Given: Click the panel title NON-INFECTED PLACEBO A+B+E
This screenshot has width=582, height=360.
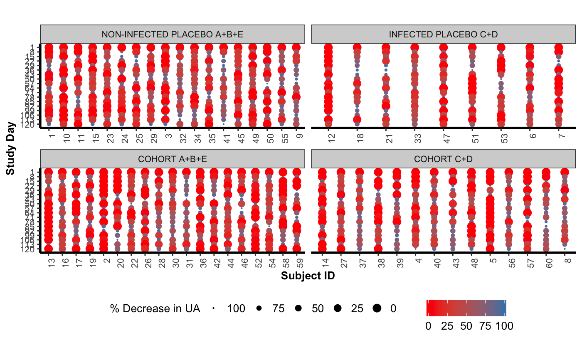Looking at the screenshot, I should [x=173, y=34].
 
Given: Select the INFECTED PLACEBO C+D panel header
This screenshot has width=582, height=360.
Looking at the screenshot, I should [x=443, y=34].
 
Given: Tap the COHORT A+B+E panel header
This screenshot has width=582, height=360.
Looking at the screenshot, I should [x=173, y=159].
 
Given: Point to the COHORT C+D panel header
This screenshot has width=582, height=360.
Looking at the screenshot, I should [x=443, y=159].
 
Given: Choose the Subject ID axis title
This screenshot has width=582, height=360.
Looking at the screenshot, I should [x=308, y=276].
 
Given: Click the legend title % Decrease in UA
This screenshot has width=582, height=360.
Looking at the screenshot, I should [x=155, y=308].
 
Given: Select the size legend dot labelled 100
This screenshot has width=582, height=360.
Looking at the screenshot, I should [x=214, y=308].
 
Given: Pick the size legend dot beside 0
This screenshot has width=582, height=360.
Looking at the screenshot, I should [x=377, y=308].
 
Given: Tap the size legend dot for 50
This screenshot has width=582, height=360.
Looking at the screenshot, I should [x=298, y=308].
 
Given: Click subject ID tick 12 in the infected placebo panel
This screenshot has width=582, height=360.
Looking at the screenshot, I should [x=328, y=137].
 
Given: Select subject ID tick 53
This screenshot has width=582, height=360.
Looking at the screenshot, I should [x=501, y=137].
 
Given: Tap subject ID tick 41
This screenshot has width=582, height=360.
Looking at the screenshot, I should [x=223, y=137].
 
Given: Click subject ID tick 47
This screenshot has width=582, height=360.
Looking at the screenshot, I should [x=443, y=137].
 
